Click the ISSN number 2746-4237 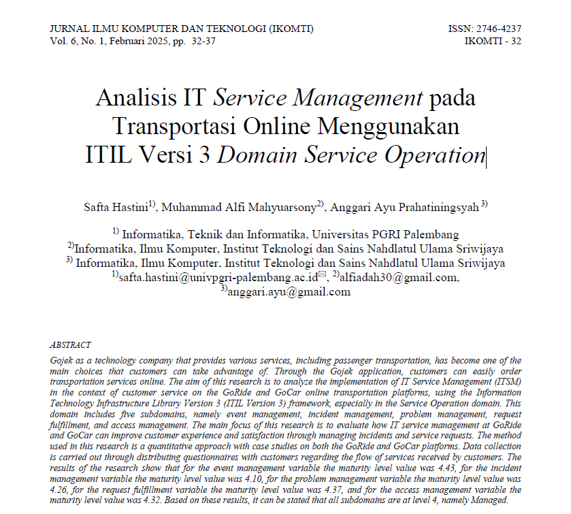500,29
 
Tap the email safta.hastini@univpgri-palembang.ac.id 218,277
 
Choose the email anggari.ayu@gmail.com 289,292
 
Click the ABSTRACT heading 70,345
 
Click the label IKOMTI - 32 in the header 493,41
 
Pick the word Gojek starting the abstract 62,360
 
